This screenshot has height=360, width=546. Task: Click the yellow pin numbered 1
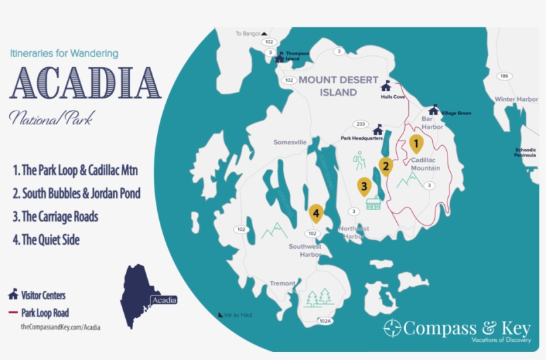[x=416, y=143]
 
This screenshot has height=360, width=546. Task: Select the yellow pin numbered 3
[x=364, y=186]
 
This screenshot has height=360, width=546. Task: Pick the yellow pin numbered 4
[x=316, y=214]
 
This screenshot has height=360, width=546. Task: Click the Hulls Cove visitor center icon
[x=386, y=85]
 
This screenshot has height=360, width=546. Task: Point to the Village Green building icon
[x=434, y=109]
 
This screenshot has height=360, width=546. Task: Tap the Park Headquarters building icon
[x=378, y=128]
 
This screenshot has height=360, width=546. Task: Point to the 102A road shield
[x=324, y=321]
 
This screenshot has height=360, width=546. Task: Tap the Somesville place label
[x=290, y=142]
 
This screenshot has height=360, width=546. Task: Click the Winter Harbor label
[x=516, y=99]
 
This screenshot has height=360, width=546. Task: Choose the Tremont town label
[x=282, y=283]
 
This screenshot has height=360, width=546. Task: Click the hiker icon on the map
[x=360, y=160]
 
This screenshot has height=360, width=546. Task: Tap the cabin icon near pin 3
[x=374, y=202]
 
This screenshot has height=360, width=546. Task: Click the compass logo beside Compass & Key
[x=392, y=328]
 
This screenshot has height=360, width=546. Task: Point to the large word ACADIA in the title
[x=85, y=84]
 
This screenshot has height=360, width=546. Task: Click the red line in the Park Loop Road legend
[x=13, y=312]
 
